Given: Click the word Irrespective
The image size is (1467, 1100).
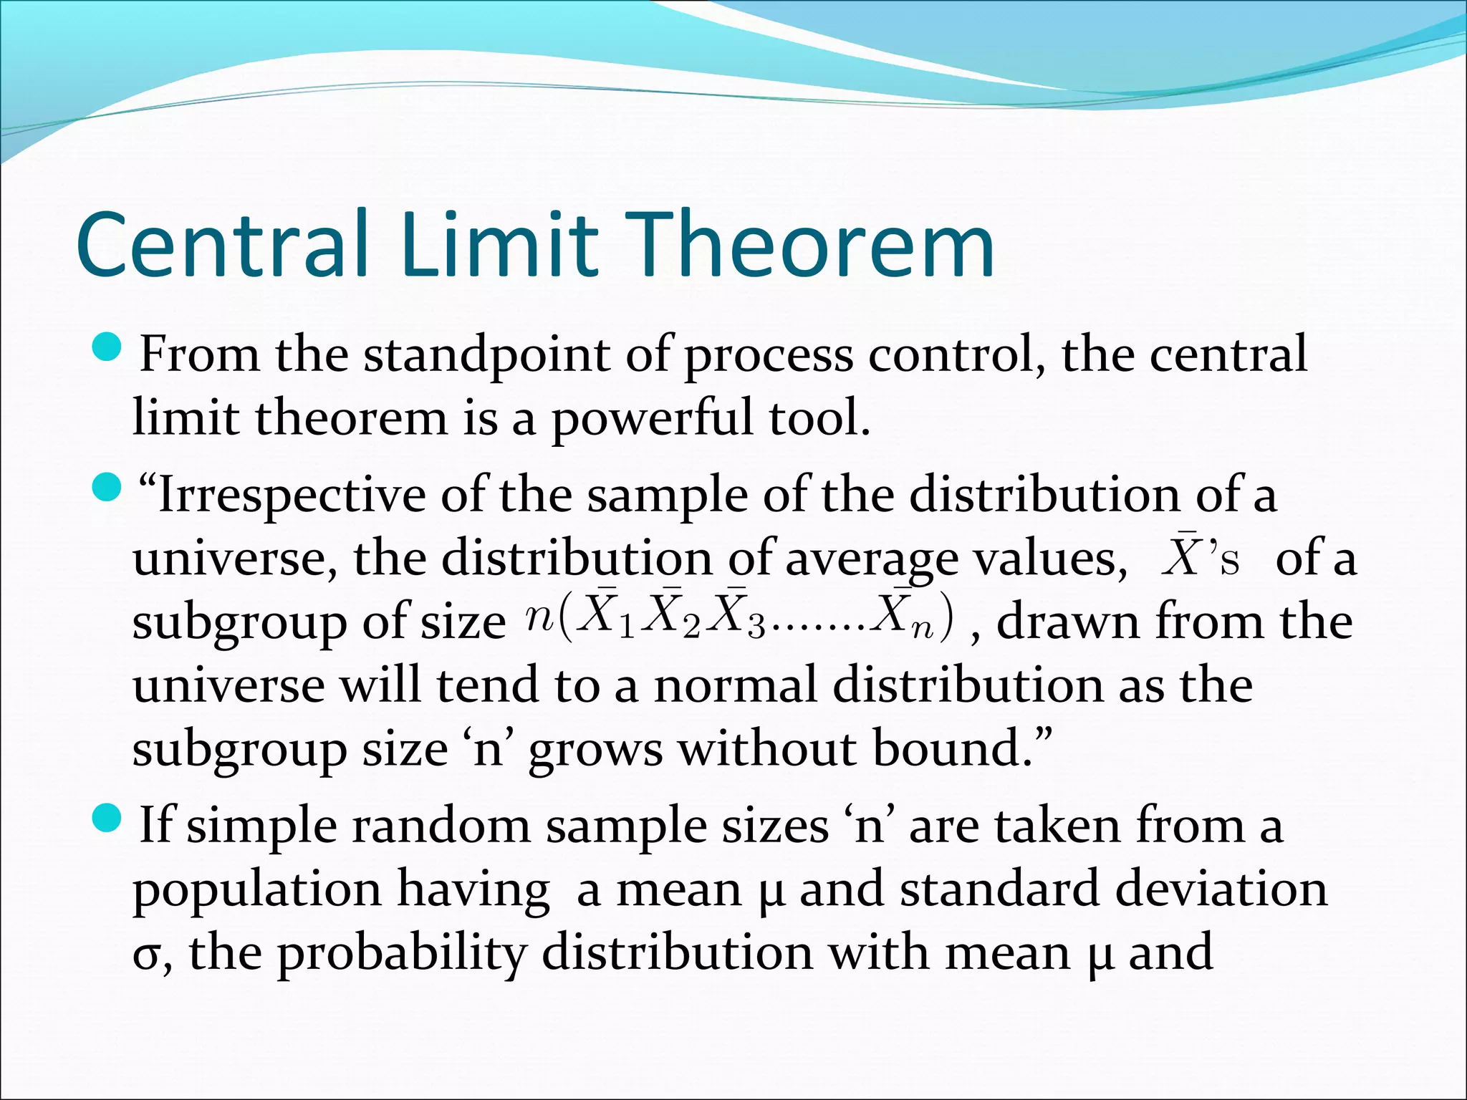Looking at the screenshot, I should [291, 496].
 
